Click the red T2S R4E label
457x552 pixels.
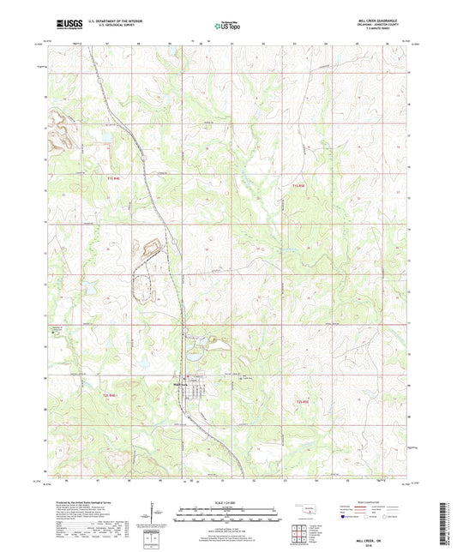109,395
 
